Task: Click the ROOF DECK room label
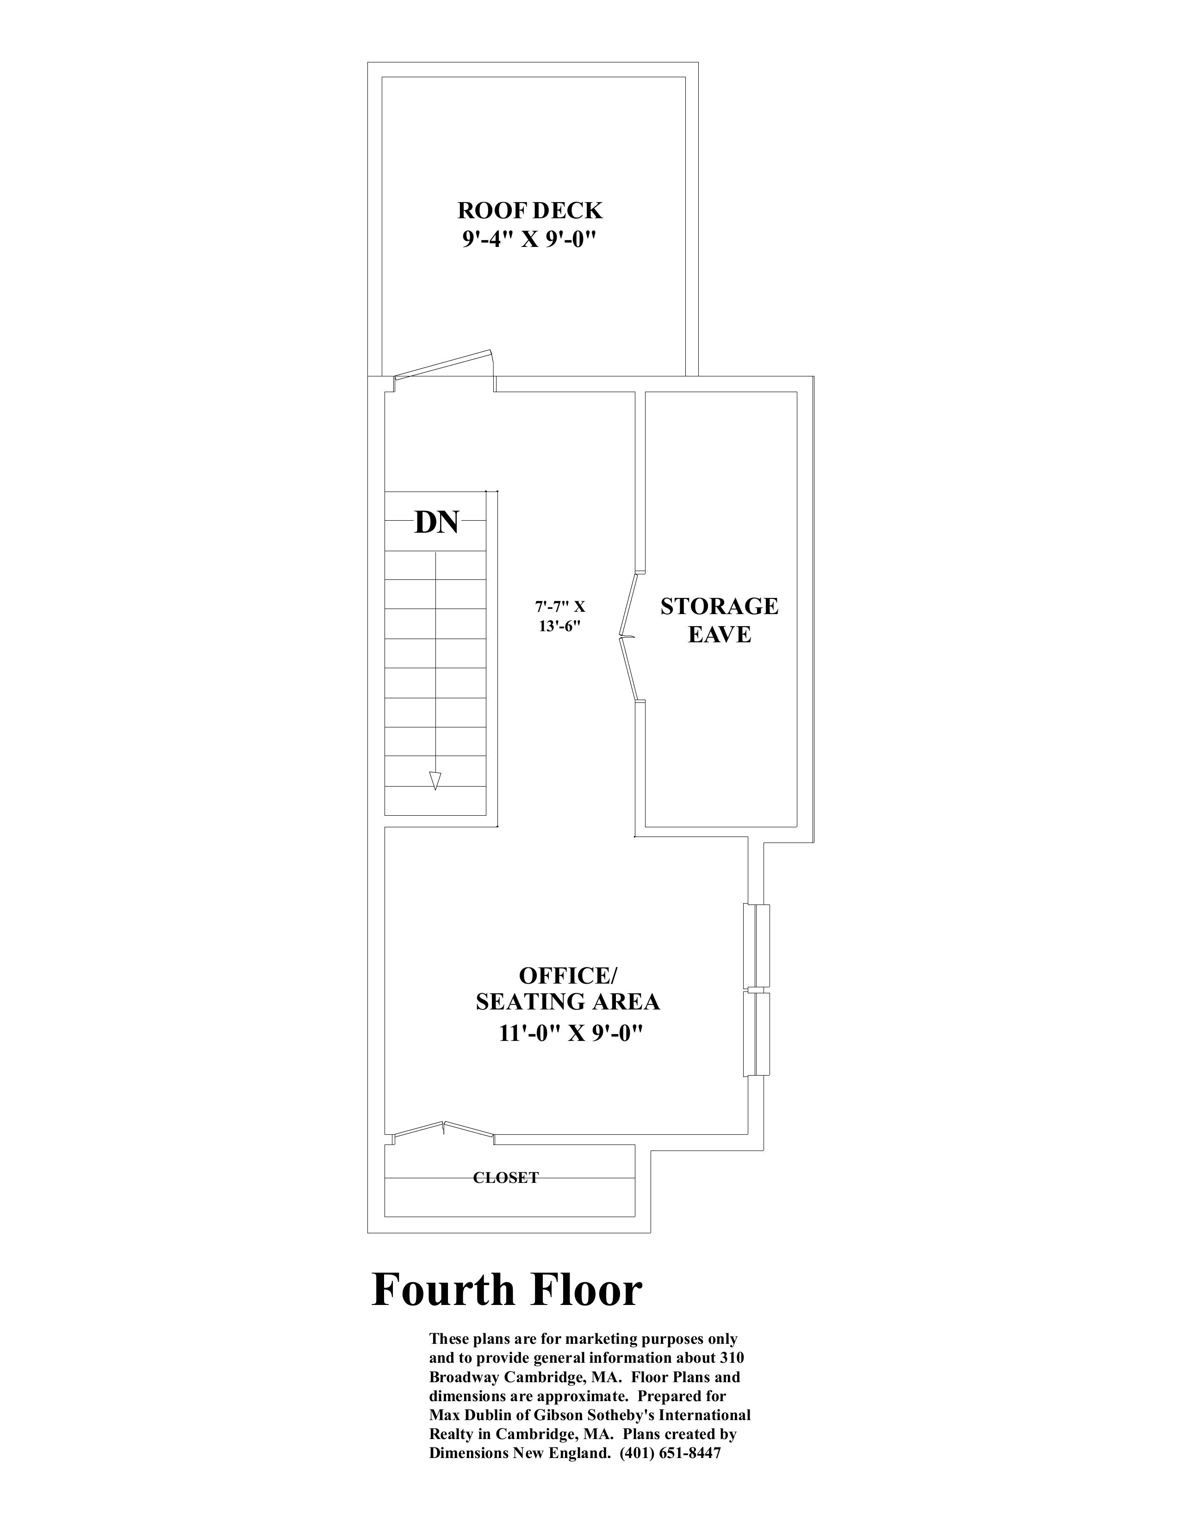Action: pos(530,210)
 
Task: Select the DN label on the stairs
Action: pos(437,522)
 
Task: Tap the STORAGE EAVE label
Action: pos(719,620)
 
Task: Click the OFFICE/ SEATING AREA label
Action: pos(568,989)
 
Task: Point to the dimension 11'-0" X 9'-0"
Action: pos(571,1034)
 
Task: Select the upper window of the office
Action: pos(757,946)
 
